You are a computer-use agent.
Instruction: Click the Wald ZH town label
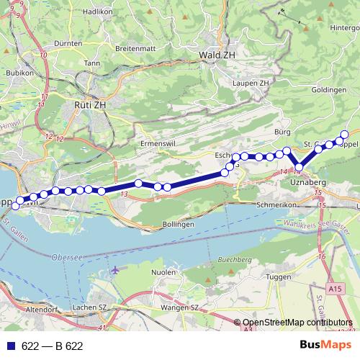(220, 54)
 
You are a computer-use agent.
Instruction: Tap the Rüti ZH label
(90, 104)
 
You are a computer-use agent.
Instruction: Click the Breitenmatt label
(130, 49)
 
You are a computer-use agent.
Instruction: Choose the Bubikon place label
(19, 73)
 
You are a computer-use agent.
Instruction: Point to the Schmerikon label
(277, 204)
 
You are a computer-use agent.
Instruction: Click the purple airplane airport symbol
(116, 270)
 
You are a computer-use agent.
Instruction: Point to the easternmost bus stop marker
(344, 134)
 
